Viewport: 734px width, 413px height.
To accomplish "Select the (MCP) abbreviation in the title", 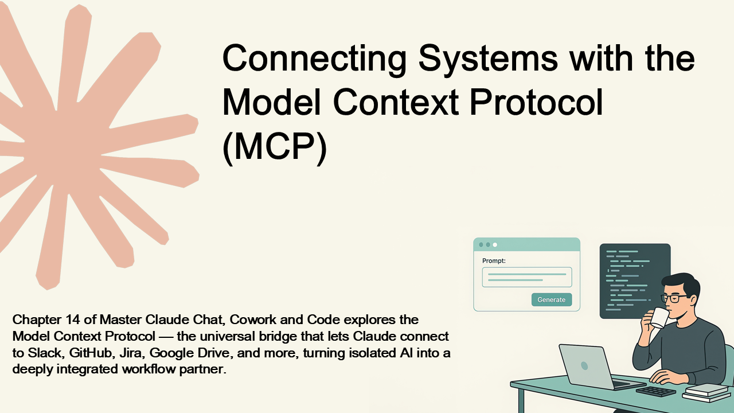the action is (x=275, y=147).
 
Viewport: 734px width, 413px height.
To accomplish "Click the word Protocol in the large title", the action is (x=536, y=102).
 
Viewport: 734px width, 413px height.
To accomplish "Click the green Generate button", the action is (x=552, y=299).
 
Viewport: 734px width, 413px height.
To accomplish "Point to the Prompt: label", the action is (x=494, y=261).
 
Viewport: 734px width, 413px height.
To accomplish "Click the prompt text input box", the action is (x=527, y=277).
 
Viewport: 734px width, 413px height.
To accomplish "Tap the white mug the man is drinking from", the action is (x=659, y=317).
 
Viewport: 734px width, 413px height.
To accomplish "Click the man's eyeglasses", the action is (x=673, y=298).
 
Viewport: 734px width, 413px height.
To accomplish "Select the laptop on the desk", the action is (x=596, y=367).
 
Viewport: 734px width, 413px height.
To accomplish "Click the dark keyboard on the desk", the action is (x=655, y=391).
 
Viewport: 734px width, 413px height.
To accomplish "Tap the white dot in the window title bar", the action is (x=495, y=244).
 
